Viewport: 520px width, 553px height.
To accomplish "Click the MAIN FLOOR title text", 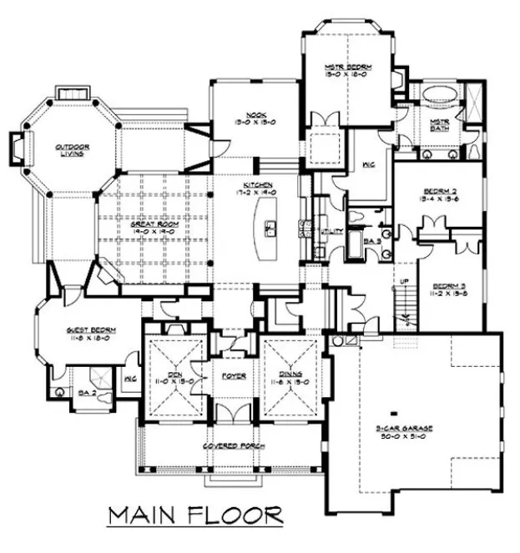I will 195,515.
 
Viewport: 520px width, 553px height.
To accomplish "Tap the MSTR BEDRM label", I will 348,65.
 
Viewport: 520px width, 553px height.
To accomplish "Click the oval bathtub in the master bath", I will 435,95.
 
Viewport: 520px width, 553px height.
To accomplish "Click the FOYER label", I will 231,375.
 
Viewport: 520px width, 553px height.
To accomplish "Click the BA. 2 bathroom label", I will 84,390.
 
